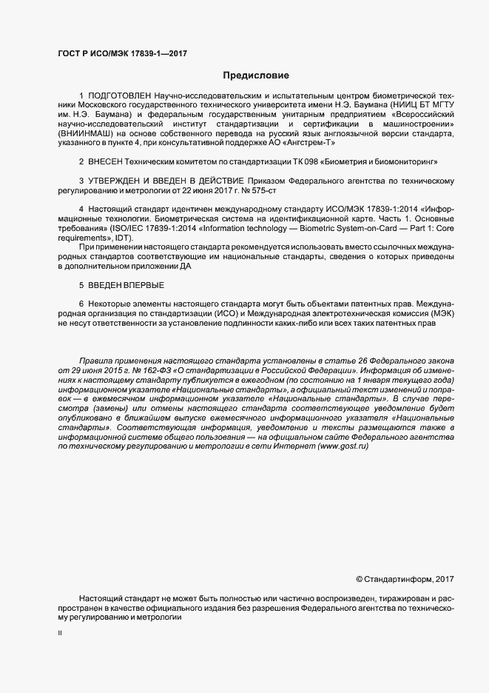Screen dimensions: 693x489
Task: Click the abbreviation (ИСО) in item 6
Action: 237,314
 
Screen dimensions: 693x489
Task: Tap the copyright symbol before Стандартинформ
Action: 360,578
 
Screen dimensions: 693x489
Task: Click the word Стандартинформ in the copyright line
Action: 399,578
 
